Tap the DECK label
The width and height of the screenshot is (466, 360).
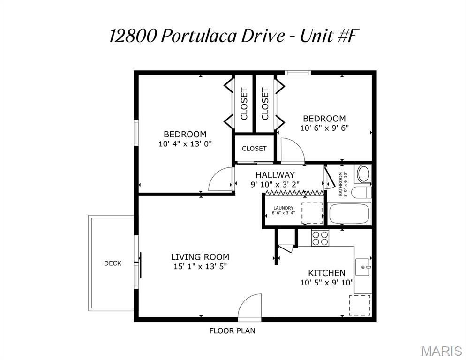click(x=113, y=263)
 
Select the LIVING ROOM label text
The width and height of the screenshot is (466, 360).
click(x=200, y=257)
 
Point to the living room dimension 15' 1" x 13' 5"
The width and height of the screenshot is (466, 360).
click(x=200, y=267)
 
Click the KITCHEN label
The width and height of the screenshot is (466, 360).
click(x=326, y=273)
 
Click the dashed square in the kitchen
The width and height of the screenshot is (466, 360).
click(x=360, y=305)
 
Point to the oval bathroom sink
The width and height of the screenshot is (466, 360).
click(x=363, y=174)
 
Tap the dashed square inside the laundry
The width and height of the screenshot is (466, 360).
click(x=311, y=213)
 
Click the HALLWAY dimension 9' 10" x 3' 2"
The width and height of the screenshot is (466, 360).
click(x=275, y=184)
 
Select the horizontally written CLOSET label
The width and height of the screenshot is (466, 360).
click(x=254, y=149)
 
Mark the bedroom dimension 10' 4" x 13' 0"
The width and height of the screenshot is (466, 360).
click(x=185, y=144)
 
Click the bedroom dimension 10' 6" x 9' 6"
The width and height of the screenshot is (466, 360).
click(x=324, y=127)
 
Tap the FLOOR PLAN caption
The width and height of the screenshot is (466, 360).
click(x=232, y=331)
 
